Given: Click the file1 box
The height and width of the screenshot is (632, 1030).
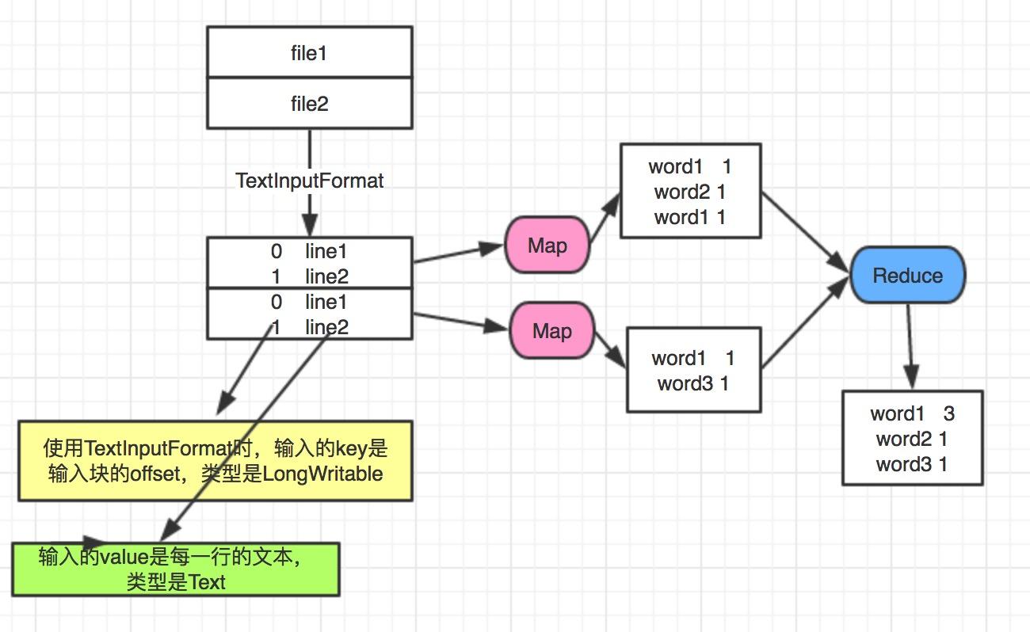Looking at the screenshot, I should (x=309, y=52).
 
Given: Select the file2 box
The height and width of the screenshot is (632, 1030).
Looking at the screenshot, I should (x=309, y=103).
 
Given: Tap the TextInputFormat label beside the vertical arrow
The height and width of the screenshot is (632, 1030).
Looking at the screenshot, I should (x=309, y=181).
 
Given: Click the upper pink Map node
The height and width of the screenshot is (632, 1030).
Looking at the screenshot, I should (x=547, y=246).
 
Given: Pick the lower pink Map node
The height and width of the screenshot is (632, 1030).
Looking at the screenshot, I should (x=551, y=330).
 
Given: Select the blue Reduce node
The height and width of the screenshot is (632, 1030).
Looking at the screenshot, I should (x=907, y=276).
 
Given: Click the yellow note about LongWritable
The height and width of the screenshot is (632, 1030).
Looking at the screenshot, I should (x=216, y=460).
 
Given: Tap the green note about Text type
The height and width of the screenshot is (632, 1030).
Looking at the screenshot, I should (x=175, y=569).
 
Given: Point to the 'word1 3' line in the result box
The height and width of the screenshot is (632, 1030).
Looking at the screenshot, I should (x=912, y=413).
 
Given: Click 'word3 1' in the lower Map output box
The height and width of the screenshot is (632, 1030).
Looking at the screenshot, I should (x=692, y=384).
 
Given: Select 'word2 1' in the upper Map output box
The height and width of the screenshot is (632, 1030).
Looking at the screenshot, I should (x=689, y=192).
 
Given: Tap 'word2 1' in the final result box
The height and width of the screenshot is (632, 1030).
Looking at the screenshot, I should (x=912, y=438).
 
